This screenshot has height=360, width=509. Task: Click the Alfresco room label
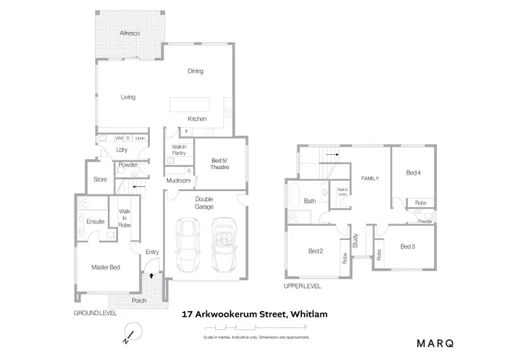[x=130, y=33]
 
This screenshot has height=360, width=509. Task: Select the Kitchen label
[x=197, y=119]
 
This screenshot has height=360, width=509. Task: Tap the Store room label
[x=100, y=180]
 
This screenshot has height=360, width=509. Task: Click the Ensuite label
[x=95, y=221]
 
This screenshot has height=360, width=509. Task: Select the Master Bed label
[x=105, y=268]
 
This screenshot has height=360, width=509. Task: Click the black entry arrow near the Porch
[x=151, y=276]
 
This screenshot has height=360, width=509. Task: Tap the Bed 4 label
[x=413, y=173]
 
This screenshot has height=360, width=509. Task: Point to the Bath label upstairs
[x=309, y=201]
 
